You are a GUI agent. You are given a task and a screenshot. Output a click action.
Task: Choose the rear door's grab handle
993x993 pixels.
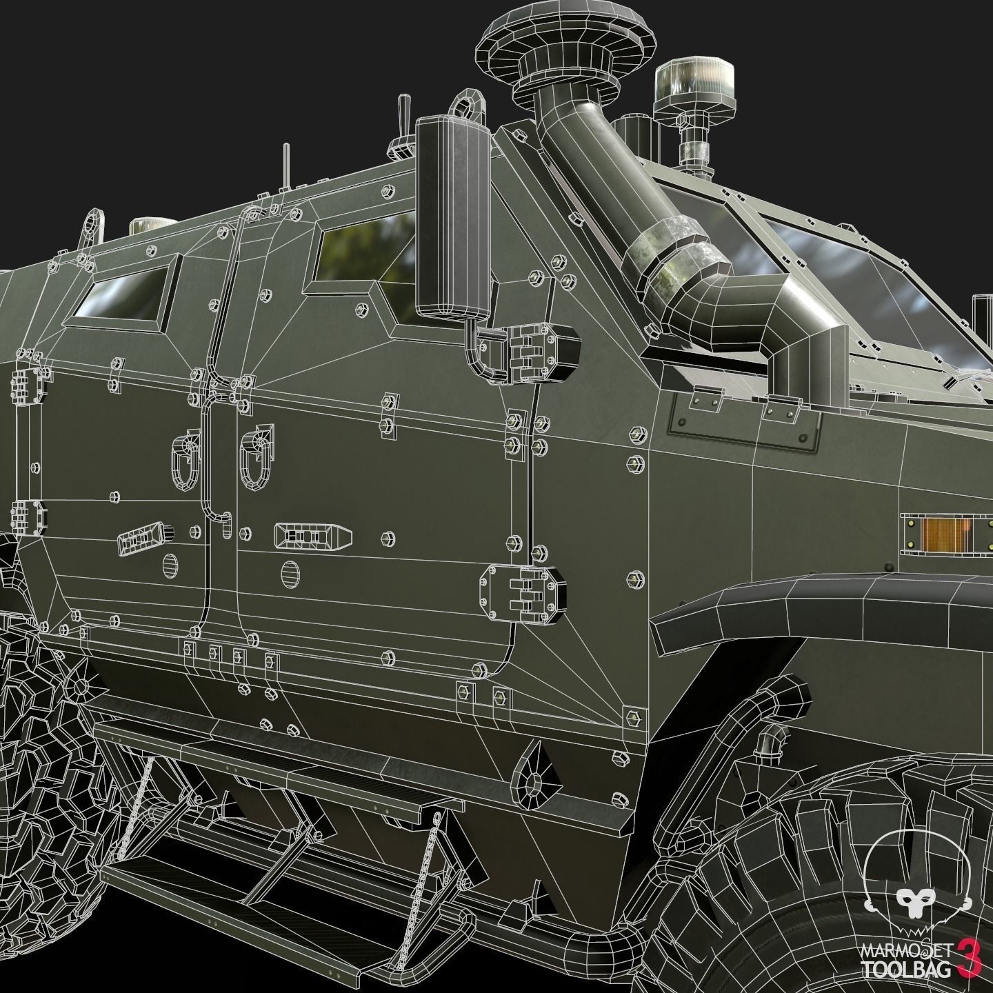pyautogui.click(x=183, y=461)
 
